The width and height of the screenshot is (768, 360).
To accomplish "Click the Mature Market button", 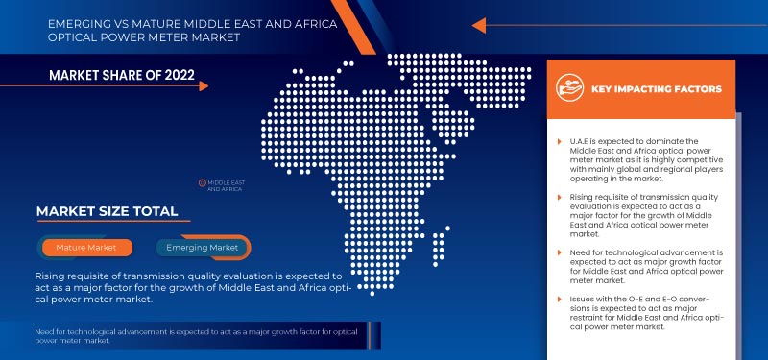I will click(x=85, y=248).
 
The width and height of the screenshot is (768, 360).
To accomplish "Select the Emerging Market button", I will click(x=201, y=248).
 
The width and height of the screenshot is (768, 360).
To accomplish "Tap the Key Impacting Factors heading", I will click(x=657, y=89).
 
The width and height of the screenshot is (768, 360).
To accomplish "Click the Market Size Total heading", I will click(x=107, y=210).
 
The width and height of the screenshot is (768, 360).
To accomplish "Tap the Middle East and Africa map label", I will click(x=225, y=185).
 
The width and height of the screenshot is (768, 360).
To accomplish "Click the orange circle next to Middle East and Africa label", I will click(x=202, y=181).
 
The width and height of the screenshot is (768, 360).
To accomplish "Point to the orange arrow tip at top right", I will click(x=477, y=25).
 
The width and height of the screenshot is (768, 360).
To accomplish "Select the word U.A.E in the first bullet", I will click(x=580, y=142).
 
